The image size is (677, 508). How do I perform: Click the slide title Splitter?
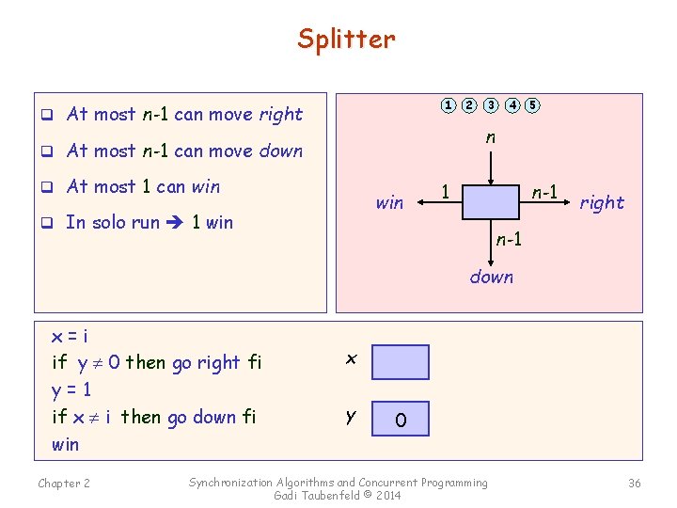click(346, 39)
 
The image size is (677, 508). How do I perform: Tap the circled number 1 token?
click(449, 104)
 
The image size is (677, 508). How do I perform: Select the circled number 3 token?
click(491, 104)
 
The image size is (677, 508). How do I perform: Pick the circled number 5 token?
click(532, 104)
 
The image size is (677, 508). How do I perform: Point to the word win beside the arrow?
click(389, 202)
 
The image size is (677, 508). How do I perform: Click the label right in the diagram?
click(602, 202)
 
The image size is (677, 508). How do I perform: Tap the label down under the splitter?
click(491, 277)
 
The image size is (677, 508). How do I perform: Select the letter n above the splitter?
click(491, 137)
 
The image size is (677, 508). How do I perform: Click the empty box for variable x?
click(400, 362)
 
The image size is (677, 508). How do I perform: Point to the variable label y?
click(351, 416)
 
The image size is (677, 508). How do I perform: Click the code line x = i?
click(71, 336)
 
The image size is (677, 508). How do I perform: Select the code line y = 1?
click(71, 389)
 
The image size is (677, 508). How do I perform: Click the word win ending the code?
click(66, 444)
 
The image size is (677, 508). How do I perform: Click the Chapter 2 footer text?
click(64, 484)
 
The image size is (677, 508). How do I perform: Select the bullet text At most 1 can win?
click(143, 186)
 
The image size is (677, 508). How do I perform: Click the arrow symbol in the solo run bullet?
click(175, 223)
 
